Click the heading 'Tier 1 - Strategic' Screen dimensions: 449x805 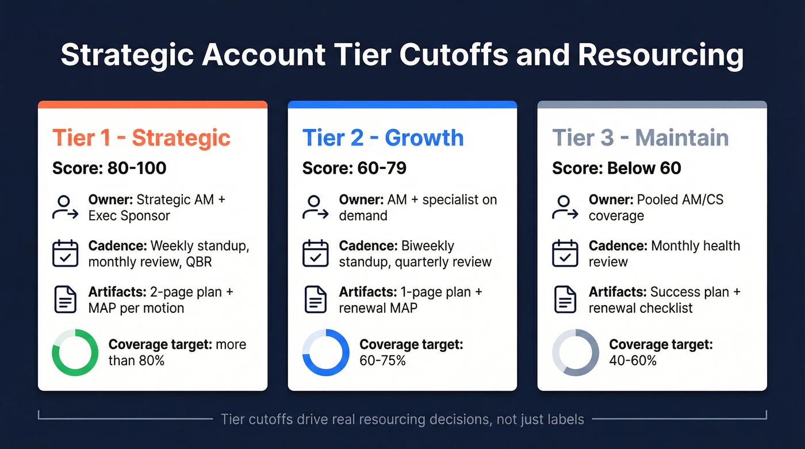click(141, 138)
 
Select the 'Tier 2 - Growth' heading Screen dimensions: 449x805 click(383, 138)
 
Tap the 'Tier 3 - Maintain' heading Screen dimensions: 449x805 click(641, 138)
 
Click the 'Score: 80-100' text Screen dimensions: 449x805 click(109, 168)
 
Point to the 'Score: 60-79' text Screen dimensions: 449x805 click(354, 168)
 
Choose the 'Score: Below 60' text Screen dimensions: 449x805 click(616, 168)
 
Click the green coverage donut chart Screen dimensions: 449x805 click(75, 352)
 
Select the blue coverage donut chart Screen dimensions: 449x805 click(325, 352)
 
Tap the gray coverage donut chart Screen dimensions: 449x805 click(576, 352)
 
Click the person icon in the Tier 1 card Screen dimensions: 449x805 click(64, 208)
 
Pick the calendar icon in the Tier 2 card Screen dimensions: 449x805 click(315, 254)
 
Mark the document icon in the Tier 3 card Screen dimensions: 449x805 click(565, 300)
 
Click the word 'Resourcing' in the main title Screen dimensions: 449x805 click(661, 55)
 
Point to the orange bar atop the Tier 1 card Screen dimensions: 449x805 click(152, 105)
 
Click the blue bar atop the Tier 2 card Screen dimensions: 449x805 click(402, 105)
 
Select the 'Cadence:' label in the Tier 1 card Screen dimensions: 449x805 click(117, 246)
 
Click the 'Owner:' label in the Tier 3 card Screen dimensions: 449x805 click(611, 200)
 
